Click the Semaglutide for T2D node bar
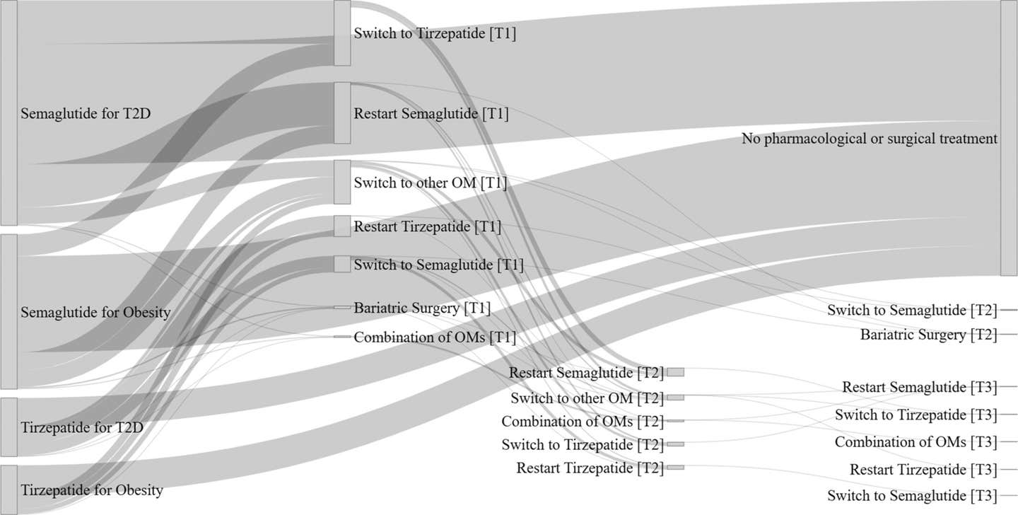pyautogui.click(x=8, y=112)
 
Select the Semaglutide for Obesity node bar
pyautogui.click(x=8, y=312)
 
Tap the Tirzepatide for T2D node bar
pyautogui.click(x=8, y=427)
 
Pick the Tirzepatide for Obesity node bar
pyautogui.click(x=8, y=490)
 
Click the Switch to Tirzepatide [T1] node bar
pyautogui.click(x=342, y=33)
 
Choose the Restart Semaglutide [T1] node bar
pyautogui.click(x=342, y=112)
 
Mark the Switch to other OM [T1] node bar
pyautogui.click(x=342, y=182)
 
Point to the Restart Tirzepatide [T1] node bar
pyautogui.click(x=342, y=226)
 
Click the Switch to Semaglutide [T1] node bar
pyautogui.click(x=342, y=265)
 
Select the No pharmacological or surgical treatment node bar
pyautogui.click(x=1009, y=138)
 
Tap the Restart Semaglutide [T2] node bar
pyautogui.click(x=676, y=373)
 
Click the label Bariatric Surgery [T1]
pyautogui.click(x=422, y=308)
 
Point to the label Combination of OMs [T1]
pyautogui.click(x=435, y=337)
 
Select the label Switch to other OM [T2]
pyautogui.click(x=587, y=398)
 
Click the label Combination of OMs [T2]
pyautogui.click(x=583, y=422)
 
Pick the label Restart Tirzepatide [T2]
pyautogui.click(x=590, y=468)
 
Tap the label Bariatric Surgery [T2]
pyautogui.click(x=929, y=335)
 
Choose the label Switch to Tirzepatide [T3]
pyautogui.click(x=916, y=415)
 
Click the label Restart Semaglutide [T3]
pyautogui.click(x=920, y=387)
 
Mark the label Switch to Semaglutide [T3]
pyautogui.click(x=912, y=495)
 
